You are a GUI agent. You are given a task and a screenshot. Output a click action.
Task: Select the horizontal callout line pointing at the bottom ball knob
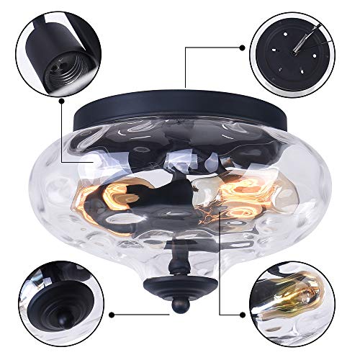(x=140, y=314)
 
